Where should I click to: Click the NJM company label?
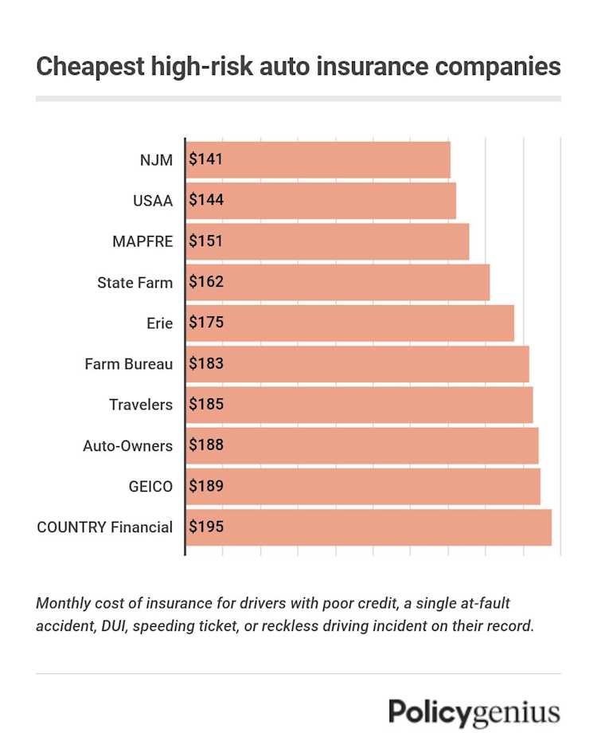pos(156,159)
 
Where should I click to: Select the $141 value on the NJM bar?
pos(206,159)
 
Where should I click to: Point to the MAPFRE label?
pos(142,241)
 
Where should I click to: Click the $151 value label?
pos(206,241)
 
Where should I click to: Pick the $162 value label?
pos(206,282)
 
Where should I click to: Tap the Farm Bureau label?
pos(128,364)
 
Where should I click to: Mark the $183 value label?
pos(206,364)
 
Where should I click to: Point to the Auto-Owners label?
pos(127,446)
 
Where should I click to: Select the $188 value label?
pos(206,446)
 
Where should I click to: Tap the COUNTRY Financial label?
pos(105,527)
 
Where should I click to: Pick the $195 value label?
pos(206,527)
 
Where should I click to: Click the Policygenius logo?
pos(474,712)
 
